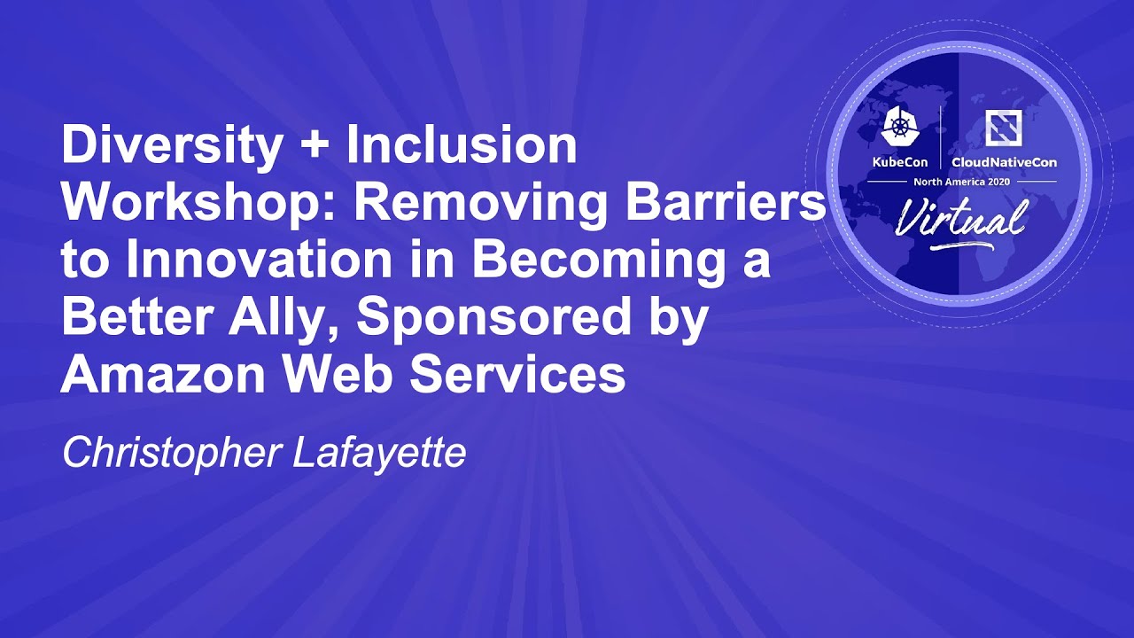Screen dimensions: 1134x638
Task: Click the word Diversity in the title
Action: [171, 147]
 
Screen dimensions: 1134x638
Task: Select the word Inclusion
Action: [462, 144]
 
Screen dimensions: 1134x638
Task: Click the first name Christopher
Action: [171, 454]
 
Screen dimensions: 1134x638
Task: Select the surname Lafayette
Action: [379, 454]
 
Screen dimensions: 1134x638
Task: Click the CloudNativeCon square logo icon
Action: [1004, 127]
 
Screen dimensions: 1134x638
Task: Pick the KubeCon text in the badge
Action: [899, 162]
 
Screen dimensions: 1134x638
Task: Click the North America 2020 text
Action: [961, 182]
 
